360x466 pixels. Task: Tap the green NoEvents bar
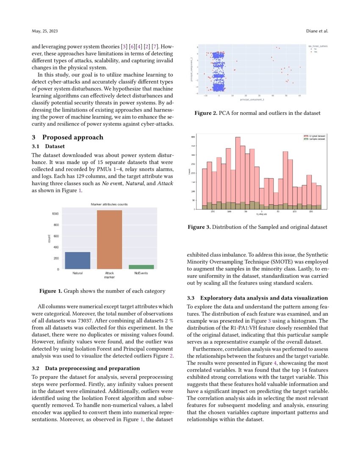click(141, 267)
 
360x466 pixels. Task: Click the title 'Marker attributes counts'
click(109, 204)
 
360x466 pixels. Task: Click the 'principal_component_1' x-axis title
click(249, 100)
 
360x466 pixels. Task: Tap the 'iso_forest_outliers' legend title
click(318, 45)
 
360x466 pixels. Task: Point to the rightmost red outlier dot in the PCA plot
click(300, 67)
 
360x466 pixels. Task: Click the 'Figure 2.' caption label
click(205, 113)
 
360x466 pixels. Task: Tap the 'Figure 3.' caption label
click(199, 227)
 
